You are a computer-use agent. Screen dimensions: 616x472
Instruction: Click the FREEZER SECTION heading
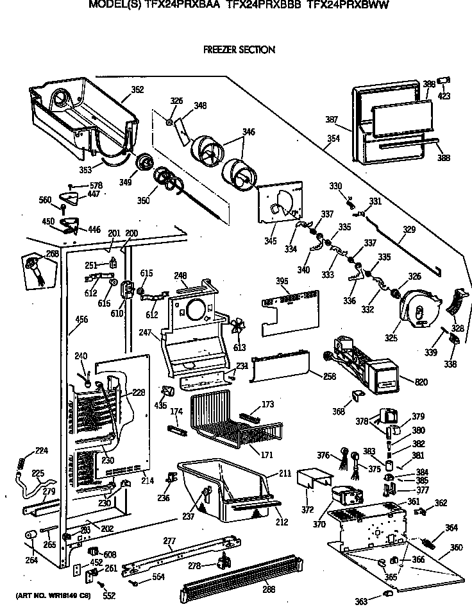click(239, 49)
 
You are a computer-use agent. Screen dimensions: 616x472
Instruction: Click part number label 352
click(137, 90)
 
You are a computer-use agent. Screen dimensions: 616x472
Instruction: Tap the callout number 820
click(421, 383)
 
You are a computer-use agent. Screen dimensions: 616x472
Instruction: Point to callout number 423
click(444, 96)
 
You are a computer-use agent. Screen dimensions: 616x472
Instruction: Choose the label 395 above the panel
click(282, 281)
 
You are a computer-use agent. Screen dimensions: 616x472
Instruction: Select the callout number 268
click(53, 253)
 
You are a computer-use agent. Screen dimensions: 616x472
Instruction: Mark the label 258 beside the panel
click(330, 376)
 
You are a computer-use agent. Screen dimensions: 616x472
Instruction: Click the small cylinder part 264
click(29, 536)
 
